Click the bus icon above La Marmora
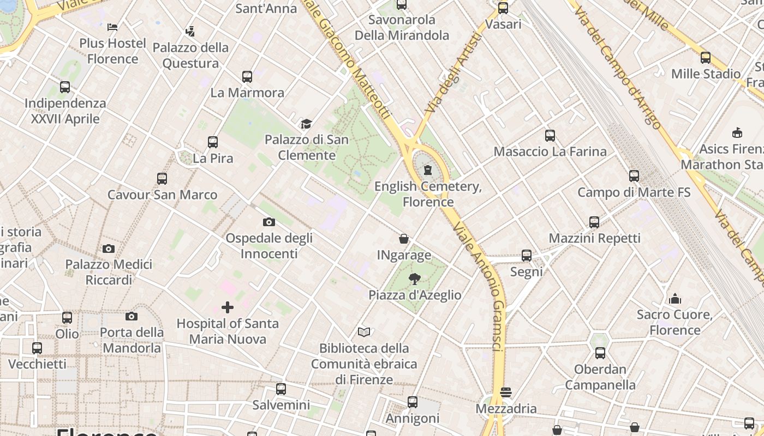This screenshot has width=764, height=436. pos(247,76)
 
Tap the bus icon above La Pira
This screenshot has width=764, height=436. pos(213,142)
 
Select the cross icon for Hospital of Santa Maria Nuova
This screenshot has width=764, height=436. pos(228,307)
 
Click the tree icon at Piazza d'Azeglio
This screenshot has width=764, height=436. pos(415,279)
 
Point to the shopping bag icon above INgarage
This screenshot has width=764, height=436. pos(404,239)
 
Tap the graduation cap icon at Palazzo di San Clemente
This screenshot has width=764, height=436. pos(306,124)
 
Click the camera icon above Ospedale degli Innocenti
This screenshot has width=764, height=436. pos(269,222)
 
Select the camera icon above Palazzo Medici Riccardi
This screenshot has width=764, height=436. pos(109,249)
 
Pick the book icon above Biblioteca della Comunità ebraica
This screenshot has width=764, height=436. pos(364,332)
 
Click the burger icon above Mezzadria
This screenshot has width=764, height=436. pos(506,392)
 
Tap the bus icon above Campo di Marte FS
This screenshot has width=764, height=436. pos(634,176)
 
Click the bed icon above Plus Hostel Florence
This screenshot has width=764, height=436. pos(112,27)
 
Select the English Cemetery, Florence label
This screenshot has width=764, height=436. pos(428,194)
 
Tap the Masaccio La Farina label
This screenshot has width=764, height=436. pos(550,152)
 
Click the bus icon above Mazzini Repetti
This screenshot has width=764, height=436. pos(594,222)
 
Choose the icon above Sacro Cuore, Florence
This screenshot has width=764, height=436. pos(675,299)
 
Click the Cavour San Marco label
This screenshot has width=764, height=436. pos(162,195)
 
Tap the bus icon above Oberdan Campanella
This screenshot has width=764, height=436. pos(600,353)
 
